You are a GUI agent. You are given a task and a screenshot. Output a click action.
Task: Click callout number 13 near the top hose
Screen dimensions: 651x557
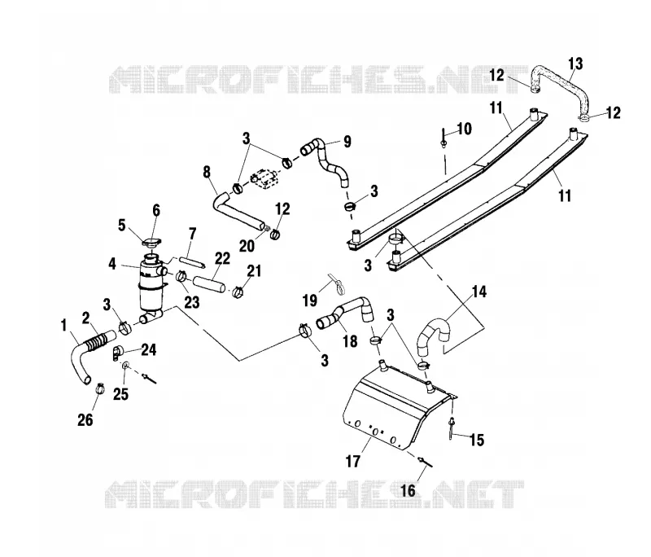pyautogui.click(x=575, y=64)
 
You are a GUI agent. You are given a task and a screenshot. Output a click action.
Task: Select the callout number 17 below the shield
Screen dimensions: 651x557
pyautogui.click(x=353, y=461)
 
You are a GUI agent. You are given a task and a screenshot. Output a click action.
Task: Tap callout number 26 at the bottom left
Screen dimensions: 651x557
pyautogui.click(x=85, y=420)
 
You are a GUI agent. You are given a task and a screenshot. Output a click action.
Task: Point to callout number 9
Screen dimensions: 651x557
pyautogui.click(x=347, y=141)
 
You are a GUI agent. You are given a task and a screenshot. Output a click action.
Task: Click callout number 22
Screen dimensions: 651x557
pyautogui.click(x=222, y=259)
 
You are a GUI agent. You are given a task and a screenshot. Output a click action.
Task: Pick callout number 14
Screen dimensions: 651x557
pyautogui.click(x=478, y=292)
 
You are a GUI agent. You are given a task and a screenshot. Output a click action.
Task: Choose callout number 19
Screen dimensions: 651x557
pyautogui.click(x=310, y=300)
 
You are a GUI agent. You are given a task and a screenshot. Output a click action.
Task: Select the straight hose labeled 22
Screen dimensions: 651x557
pyautogui.click(x=209, y=283)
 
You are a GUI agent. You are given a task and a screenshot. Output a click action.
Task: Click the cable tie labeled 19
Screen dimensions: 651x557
pyautogui.click(x=338, y=283)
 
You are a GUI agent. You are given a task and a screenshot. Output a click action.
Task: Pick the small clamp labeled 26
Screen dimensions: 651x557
pyautogui.click(x=99, y=388)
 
